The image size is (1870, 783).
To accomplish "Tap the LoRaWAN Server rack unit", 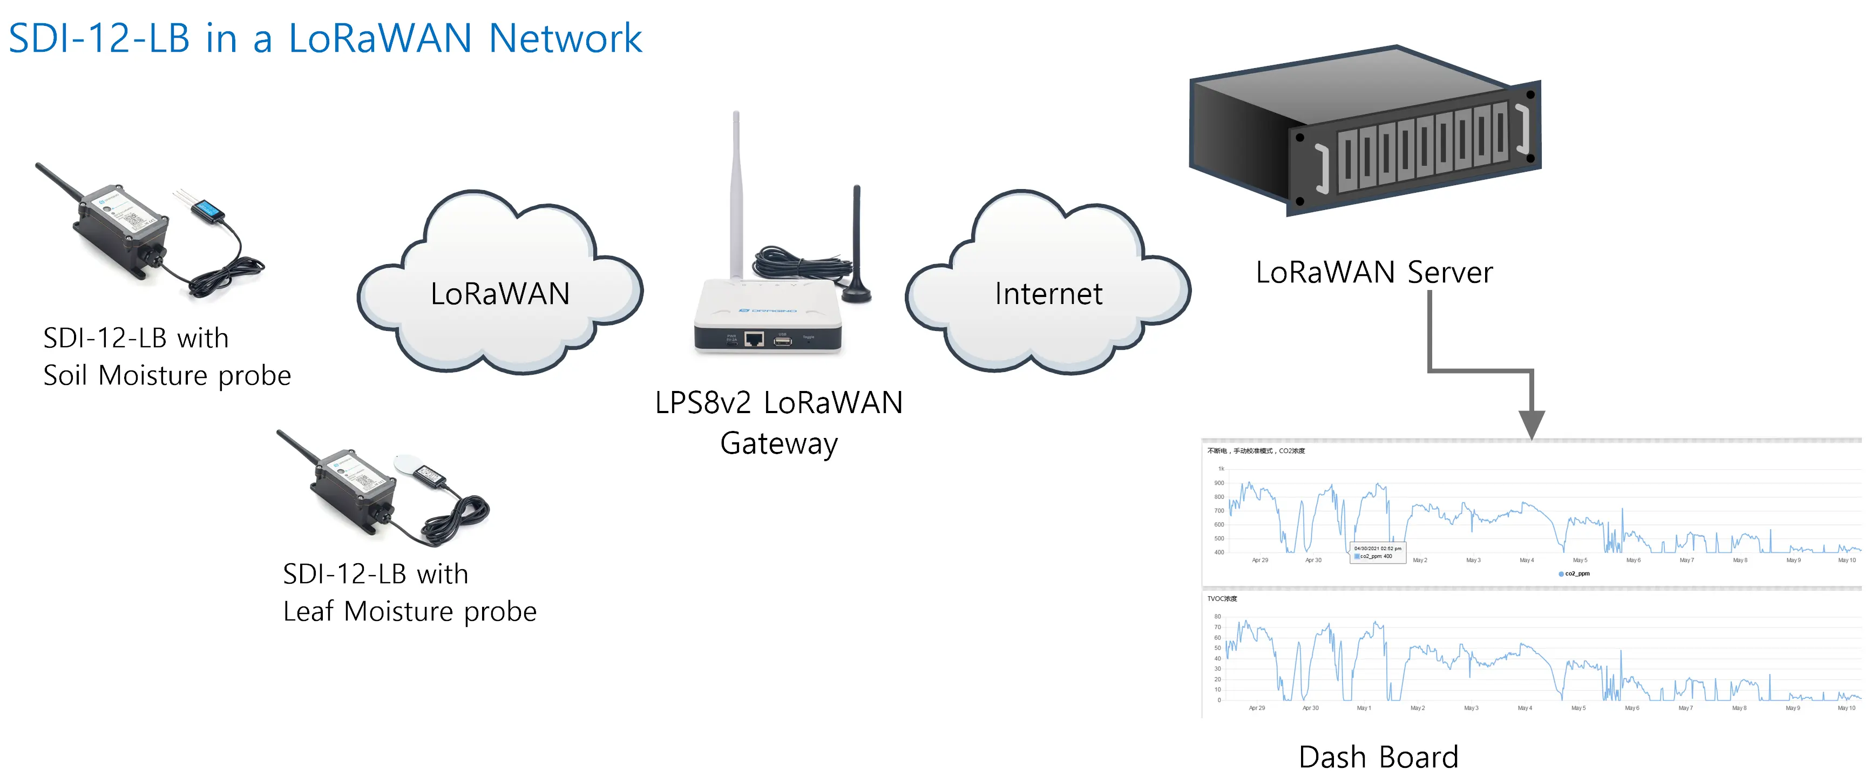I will [1365, 131].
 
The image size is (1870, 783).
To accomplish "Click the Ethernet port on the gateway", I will [754, 339].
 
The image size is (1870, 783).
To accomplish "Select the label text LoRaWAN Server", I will [1373, 272].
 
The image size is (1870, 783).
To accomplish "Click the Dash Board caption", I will [1378, 757].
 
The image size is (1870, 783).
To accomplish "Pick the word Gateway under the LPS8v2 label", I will [778, 443].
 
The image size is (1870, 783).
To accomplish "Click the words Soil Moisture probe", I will [167, 375].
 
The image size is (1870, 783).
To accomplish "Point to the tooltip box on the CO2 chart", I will [1377, 552].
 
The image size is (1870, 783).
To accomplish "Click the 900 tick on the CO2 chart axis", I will [1219, 483].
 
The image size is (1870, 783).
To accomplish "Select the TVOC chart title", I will [1222, 598].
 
